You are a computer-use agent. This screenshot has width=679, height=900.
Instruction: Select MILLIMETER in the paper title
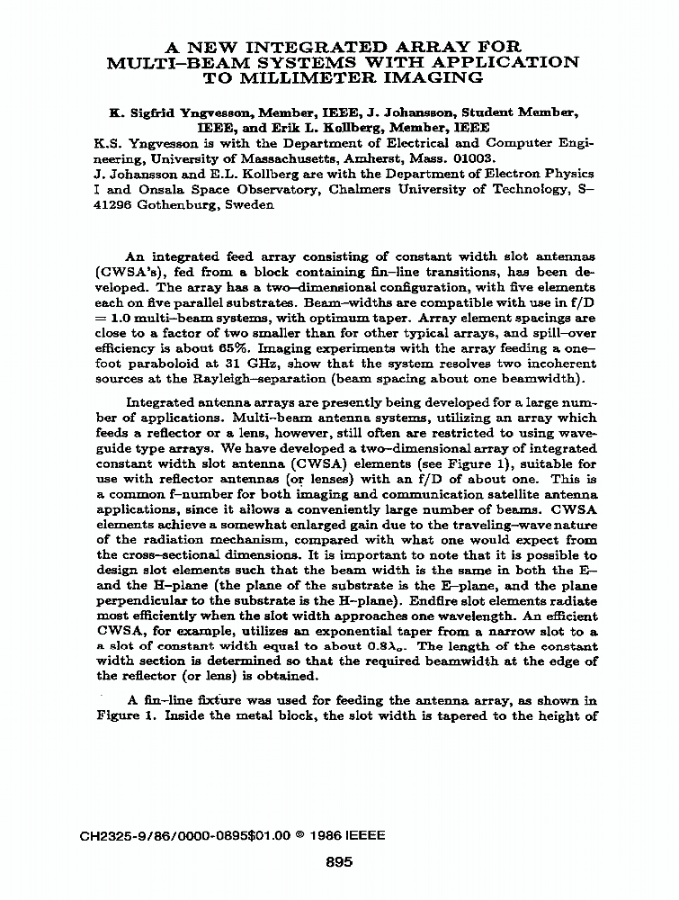coord(281,77)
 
